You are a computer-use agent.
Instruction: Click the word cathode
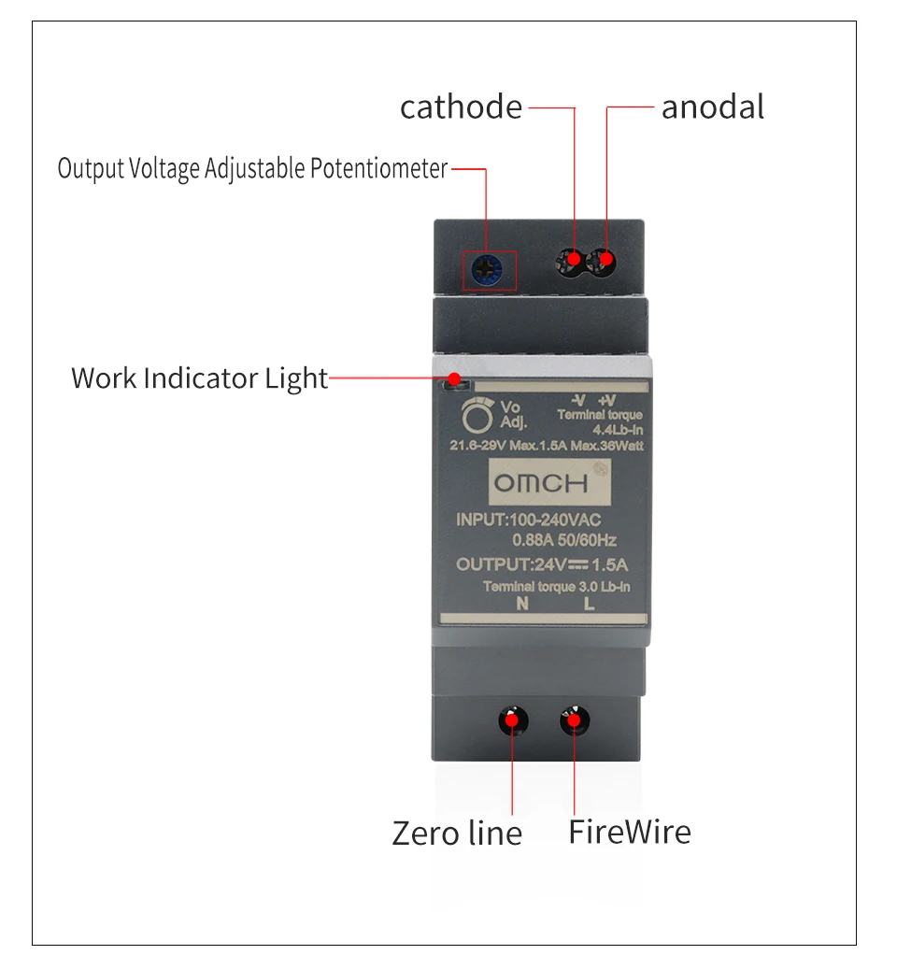(461, 107)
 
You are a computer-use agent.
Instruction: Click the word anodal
(712, 107)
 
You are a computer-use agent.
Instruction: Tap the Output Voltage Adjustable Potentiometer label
(252, 169)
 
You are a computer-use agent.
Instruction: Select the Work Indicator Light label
(199, 378)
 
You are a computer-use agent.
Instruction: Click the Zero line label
(456, 833)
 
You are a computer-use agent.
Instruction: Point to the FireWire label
(630, 831)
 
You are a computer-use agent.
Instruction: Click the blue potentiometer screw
(488, 269)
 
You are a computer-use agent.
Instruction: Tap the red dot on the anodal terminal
(606, 258)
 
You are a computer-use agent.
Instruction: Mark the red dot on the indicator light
(455, 378)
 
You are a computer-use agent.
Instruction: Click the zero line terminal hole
(512, 720)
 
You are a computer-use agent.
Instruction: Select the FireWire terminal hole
(574, 720)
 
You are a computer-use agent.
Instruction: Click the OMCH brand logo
(541, 484)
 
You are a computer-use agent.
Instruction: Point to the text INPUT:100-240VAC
(528, 520)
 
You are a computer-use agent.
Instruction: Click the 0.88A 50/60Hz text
(564, 540)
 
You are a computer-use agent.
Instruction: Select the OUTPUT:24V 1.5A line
(541, 563)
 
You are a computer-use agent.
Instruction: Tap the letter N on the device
(521, 603)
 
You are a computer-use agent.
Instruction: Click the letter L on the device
(589, 603)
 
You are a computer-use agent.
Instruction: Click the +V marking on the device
(607, 400)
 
